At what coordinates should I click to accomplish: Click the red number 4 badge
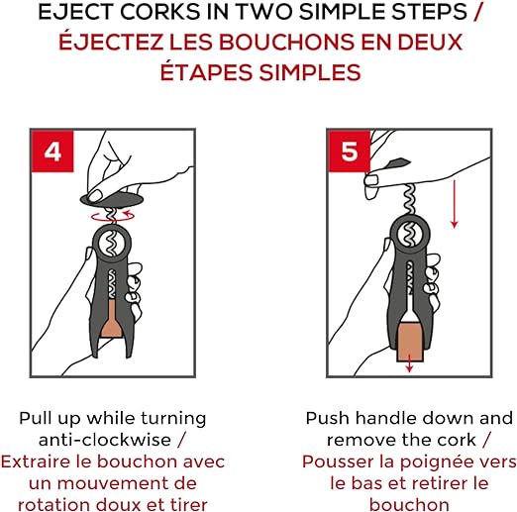(x=52, y=151)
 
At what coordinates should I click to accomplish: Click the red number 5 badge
(x=349, y=151)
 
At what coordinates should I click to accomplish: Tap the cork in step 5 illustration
(x=410, y=342)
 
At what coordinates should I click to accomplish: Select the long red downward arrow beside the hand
(x=455, y=204)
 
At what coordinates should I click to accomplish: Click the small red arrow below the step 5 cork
(x=409, y=363)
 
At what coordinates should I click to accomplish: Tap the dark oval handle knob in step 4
(x=113, y=199)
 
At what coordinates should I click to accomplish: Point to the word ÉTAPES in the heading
(x=206, y=72)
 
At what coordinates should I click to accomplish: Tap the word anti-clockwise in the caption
(x=105, y=440)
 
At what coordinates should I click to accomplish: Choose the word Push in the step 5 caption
(x=327, y=418)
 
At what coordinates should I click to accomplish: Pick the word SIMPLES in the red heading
(x=310, y=72)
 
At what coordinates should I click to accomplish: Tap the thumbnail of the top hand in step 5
(x=371, y=181)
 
